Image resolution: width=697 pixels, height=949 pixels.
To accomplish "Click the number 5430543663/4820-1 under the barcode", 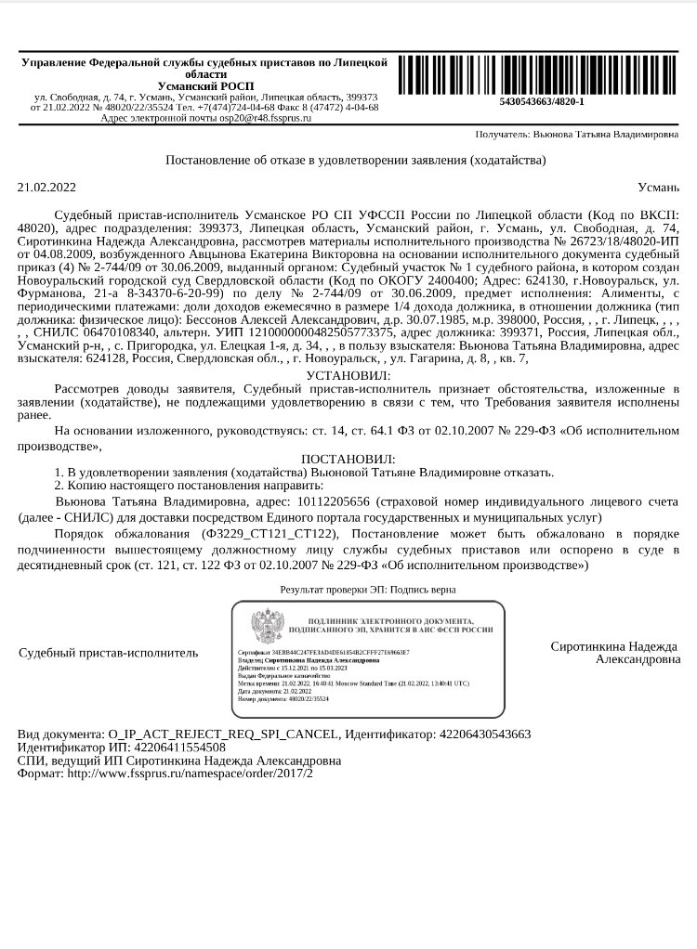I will (542, 101).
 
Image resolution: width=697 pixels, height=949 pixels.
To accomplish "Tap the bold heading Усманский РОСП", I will (205, 85).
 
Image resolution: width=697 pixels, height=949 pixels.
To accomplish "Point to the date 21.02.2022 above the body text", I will (46, 187).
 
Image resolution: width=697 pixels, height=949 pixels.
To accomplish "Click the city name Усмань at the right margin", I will (659, 187).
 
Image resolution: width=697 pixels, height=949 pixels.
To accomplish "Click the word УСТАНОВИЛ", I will (348, 374).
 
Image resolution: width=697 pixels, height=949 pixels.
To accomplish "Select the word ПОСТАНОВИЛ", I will (348, 459).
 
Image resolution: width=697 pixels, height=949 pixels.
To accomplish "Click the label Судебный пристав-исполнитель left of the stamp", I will (108, 653).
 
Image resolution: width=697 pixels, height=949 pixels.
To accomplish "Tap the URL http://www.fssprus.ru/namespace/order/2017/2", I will (190, 773).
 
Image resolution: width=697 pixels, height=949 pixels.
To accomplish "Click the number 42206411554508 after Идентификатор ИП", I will (166, 747).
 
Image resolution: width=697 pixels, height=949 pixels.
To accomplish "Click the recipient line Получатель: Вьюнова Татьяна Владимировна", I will (577, 135).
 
